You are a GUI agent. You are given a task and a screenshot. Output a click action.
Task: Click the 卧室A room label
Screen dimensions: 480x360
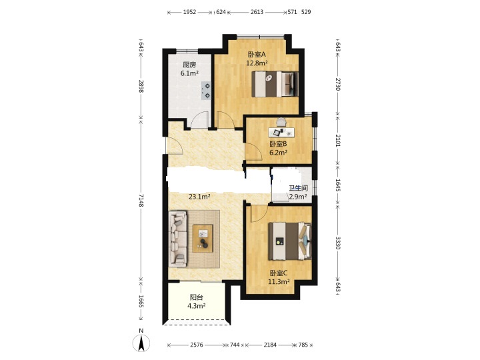pos(257,55)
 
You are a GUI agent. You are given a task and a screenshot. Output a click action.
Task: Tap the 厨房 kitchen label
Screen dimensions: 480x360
pos(189,65)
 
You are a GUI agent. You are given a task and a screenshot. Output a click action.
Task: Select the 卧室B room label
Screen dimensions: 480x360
pos(278,143)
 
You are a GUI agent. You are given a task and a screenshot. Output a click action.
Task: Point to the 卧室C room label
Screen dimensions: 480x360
pos(278,273)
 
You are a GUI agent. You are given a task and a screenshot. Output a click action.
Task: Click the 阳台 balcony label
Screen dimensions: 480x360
pos(196,297)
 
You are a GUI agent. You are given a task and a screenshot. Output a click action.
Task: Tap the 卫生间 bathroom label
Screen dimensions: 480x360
pos(299,188)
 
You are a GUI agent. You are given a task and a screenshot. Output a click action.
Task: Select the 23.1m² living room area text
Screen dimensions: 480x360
pos(199,197)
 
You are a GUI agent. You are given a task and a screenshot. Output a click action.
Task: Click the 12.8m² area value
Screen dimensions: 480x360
pos(257,63)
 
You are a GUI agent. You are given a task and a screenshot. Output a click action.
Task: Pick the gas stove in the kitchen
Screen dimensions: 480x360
pos(206,91)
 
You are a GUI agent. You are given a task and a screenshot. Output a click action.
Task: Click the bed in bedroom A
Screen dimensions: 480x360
pos(275,84)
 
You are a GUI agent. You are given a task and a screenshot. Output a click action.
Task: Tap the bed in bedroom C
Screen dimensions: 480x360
pos(290,241)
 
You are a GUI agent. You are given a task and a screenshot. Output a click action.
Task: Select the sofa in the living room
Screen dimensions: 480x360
pos(178,238)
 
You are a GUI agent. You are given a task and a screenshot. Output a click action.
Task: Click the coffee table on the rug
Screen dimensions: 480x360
pos(203,239)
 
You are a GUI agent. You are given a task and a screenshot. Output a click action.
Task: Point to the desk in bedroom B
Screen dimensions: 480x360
pos(281,132)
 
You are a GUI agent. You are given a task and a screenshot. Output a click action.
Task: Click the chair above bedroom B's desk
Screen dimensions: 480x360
pos(281,122)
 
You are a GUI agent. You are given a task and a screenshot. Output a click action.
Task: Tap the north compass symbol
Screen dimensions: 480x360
pos(141,341)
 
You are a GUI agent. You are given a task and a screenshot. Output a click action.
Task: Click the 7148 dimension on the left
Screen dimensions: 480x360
pos(141,200)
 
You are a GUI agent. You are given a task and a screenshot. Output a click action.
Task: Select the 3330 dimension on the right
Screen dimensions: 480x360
pos(337,243)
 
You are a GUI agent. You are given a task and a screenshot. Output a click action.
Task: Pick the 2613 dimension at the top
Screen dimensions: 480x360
pos(257,12)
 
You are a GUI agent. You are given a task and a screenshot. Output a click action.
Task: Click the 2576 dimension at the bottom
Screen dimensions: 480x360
pos(197,345)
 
